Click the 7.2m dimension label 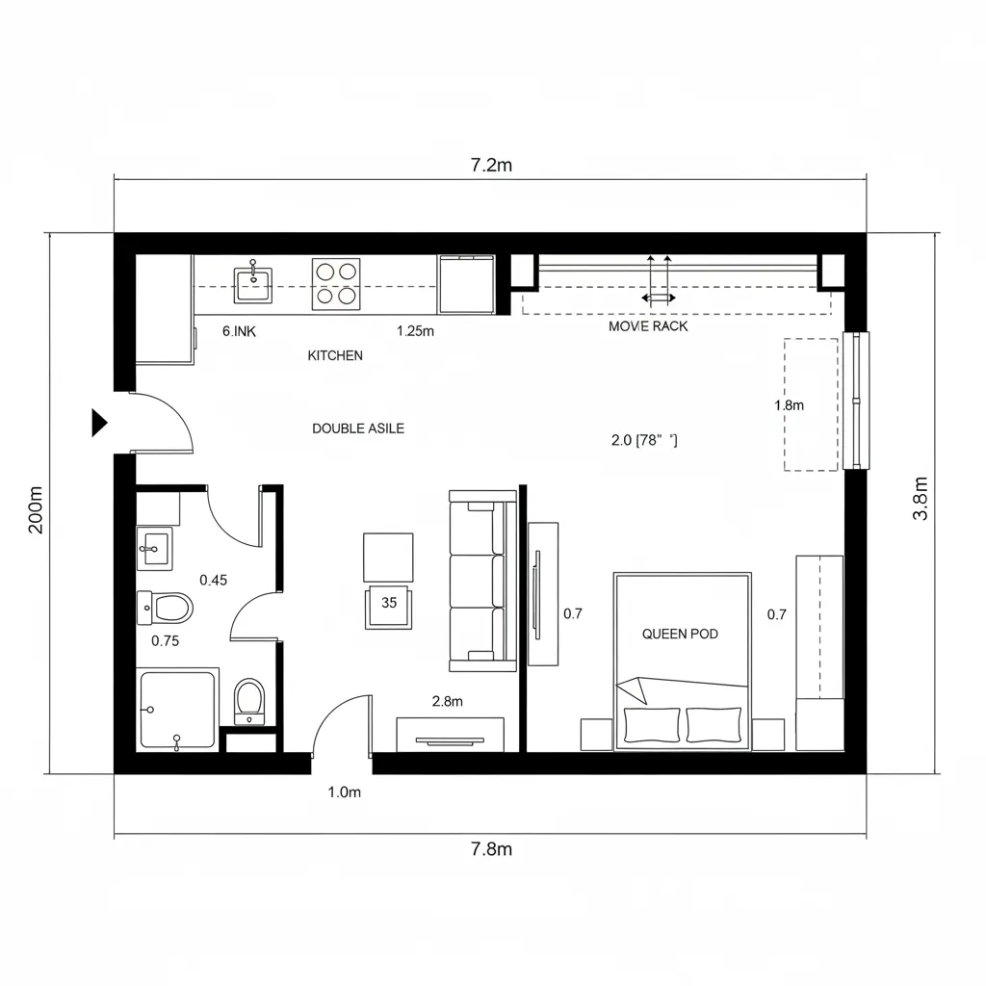491,165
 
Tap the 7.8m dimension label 491,849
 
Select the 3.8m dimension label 920,499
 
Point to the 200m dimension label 36,510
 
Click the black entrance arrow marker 99,423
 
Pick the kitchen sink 253,284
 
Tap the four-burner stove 336,284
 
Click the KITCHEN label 335,356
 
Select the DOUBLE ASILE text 358,428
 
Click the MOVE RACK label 648,326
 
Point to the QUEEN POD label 680,634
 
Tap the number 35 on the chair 389,603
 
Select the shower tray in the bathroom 178,710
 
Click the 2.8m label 447,701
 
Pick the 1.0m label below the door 344,792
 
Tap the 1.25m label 415,331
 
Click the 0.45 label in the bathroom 213,580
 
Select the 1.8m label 789,405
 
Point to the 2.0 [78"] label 644,440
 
